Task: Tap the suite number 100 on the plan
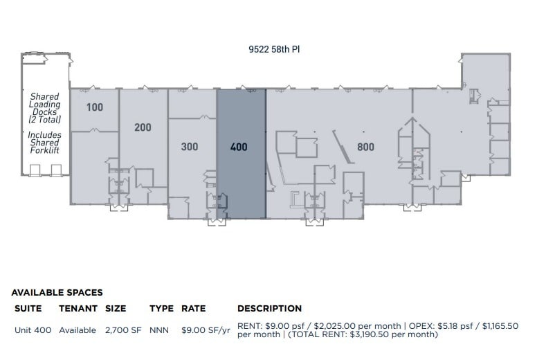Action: tap(95, 107)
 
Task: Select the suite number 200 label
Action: tap(143, 127)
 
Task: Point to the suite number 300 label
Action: tap(190, 147)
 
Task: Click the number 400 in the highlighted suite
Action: tap(239, 147)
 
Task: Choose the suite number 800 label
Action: tap(365, 147)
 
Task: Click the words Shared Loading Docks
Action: tap(44, 108)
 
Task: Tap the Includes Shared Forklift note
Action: tap(44, 143)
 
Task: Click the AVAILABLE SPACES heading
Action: tap(57, 293)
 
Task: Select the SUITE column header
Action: tap(28, 309)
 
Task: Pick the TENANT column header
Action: tap(78, 309)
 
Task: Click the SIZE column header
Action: tap(116, 309)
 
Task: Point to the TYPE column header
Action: tap(161, 309)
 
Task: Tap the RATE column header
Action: tap(194, 309)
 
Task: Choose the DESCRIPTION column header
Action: tap(269, 309)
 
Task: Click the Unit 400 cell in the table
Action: tap(33, 330)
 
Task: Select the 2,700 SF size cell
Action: tap(123, 330)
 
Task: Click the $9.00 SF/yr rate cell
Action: tap(206, 330)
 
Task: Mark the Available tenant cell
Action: tap(78, 330)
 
